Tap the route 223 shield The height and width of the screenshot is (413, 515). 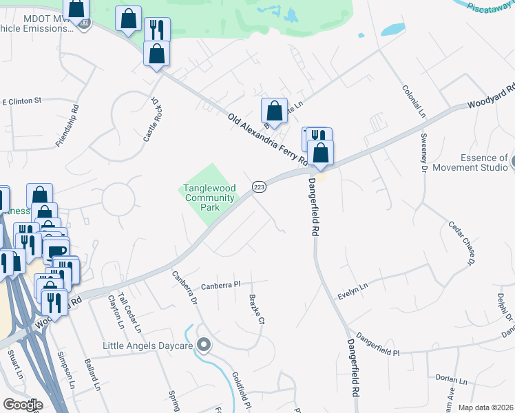coord(260,187)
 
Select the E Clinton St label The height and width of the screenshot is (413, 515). coord(22,101)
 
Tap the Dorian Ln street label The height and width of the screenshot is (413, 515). coord(452,379)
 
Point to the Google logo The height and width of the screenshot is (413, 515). coord(22,405)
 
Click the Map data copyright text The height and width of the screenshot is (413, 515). coord(486,407)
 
